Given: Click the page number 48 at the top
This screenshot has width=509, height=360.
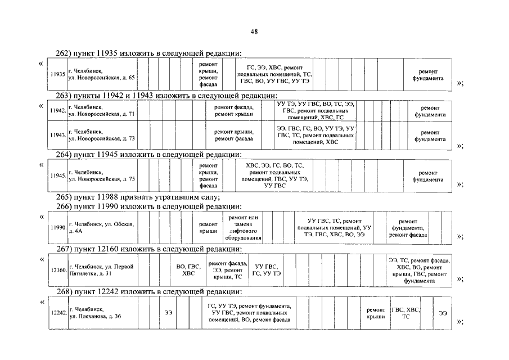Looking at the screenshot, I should pos(254,31).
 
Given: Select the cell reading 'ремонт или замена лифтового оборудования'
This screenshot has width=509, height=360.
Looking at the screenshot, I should pos(244,227).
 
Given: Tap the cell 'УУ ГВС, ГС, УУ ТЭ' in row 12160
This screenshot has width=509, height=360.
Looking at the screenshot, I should pos(267,270).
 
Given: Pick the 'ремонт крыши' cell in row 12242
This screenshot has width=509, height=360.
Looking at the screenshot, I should pos(376,313).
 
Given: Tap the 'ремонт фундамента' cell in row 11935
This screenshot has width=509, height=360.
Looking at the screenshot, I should pos(431,75).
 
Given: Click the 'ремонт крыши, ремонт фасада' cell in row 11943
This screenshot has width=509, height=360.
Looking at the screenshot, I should pos(233,135).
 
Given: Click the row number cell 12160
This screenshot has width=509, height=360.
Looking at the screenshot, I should pos(58,270).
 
